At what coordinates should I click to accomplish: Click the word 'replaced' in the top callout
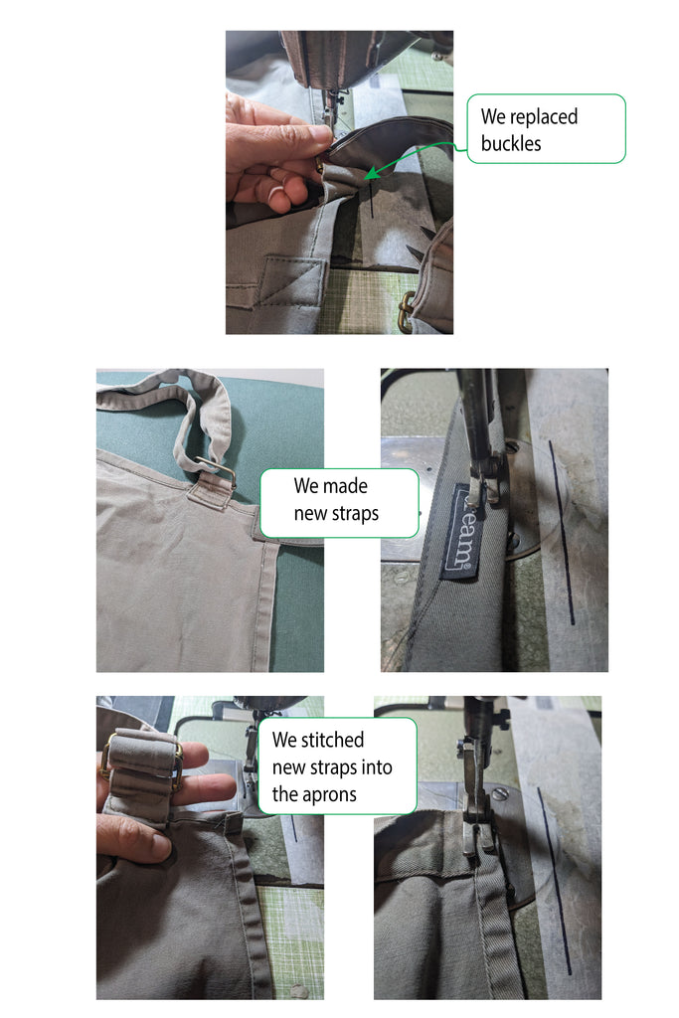[544, 117]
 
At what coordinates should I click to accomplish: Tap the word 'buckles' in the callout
[511, 143]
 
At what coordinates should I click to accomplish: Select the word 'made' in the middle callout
[351, 485]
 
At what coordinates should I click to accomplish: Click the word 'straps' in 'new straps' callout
[356, 514]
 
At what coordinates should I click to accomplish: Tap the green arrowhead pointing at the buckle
[371, 174]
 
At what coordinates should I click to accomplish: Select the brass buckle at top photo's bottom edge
[407, 311]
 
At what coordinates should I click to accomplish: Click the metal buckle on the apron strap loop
[216, 471]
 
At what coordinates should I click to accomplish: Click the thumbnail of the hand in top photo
[276, 193]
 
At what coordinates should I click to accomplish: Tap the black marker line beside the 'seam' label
[562, 533]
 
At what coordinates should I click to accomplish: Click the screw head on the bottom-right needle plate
[498, 793]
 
